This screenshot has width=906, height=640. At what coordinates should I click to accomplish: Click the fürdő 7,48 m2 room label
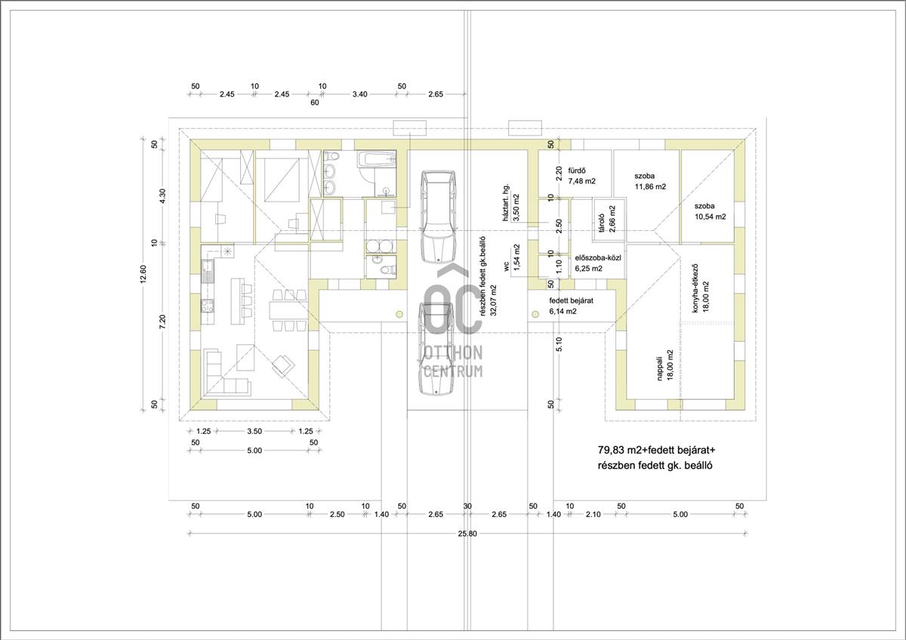[x=581, y=176]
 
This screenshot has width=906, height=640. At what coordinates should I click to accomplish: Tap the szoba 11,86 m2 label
[x=650, y=181]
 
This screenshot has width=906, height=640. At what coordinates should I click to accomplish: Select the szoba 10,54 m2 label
[x=710, y=211]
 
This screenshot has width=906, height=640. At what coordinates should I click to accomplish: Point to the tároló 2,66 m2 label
[x=607, y=219]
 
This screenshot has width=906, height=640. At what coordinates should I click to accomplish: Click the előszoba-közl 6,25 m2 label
[x=598, y=263]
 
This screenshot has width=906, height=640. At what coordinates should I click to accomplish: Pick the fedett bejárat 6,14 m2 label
[x=571, y=306]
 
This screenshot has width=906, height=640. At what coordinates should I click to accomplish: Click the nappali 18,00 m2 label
[x=664, y=366]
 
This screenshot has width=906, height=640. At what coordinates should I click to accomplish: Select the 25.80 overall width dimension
[x=467, y=534]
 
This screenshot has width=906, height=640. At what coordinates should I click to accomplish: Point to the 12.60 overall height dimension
[x=143, y=275]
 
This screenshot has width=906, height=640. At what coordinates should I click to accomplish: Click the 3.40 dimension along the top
[x=359, y=94]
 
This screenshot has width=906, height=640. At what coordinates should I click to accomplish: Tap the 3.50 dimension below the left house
[x=254, y=431]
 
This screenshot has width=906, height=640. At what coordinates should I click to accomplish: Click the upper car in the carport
[x=439, y=217]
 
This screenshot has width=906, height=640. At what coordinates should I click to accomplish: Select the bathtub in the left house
[x=376, y=159]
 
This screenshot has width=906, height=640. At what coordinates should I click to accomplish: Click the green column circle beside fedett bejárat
[x=535, y=314]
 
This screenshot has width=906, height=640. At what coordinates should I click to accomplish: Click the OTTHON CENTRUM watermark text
[x=453, y=362]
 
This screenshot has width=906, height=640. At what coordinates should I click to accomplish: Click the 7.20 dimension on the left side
[x=162, y=322]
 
